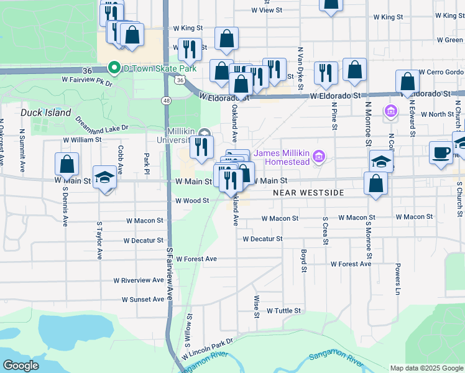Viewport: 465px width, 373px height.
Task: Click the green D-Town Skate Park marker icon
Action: [x=114, y=68]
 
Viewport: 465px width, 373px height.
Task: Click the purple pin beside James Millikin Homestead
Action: [x=320, y=156]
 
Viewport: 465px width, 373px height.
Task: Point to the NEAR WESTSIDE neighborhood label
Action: [x=309, y=193]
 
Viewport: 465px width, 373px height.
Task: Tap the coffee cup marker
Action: [x=441, y=153]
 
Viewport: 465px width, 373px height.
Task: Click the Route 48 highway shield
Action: [x=167, y=100]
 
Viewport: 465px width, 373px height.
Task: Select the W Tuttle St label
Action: [x=283, y=310]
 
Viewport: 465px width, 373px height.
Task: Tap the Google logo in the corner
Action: [x=22, y=365]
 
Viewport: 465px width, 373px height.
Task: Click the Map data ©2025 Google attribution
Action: [x=426, y=368]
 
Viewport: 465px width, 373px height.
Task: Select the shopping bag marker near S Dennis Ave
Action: [x=67, y=165]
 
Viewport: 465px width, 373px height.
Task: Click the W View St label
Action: [x=267, y=11]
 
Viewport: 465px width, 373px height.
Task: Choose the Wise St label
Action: [x=256, y=306]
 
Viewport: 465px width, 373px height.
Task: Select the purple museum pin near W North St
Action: [x=390, y=113]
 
